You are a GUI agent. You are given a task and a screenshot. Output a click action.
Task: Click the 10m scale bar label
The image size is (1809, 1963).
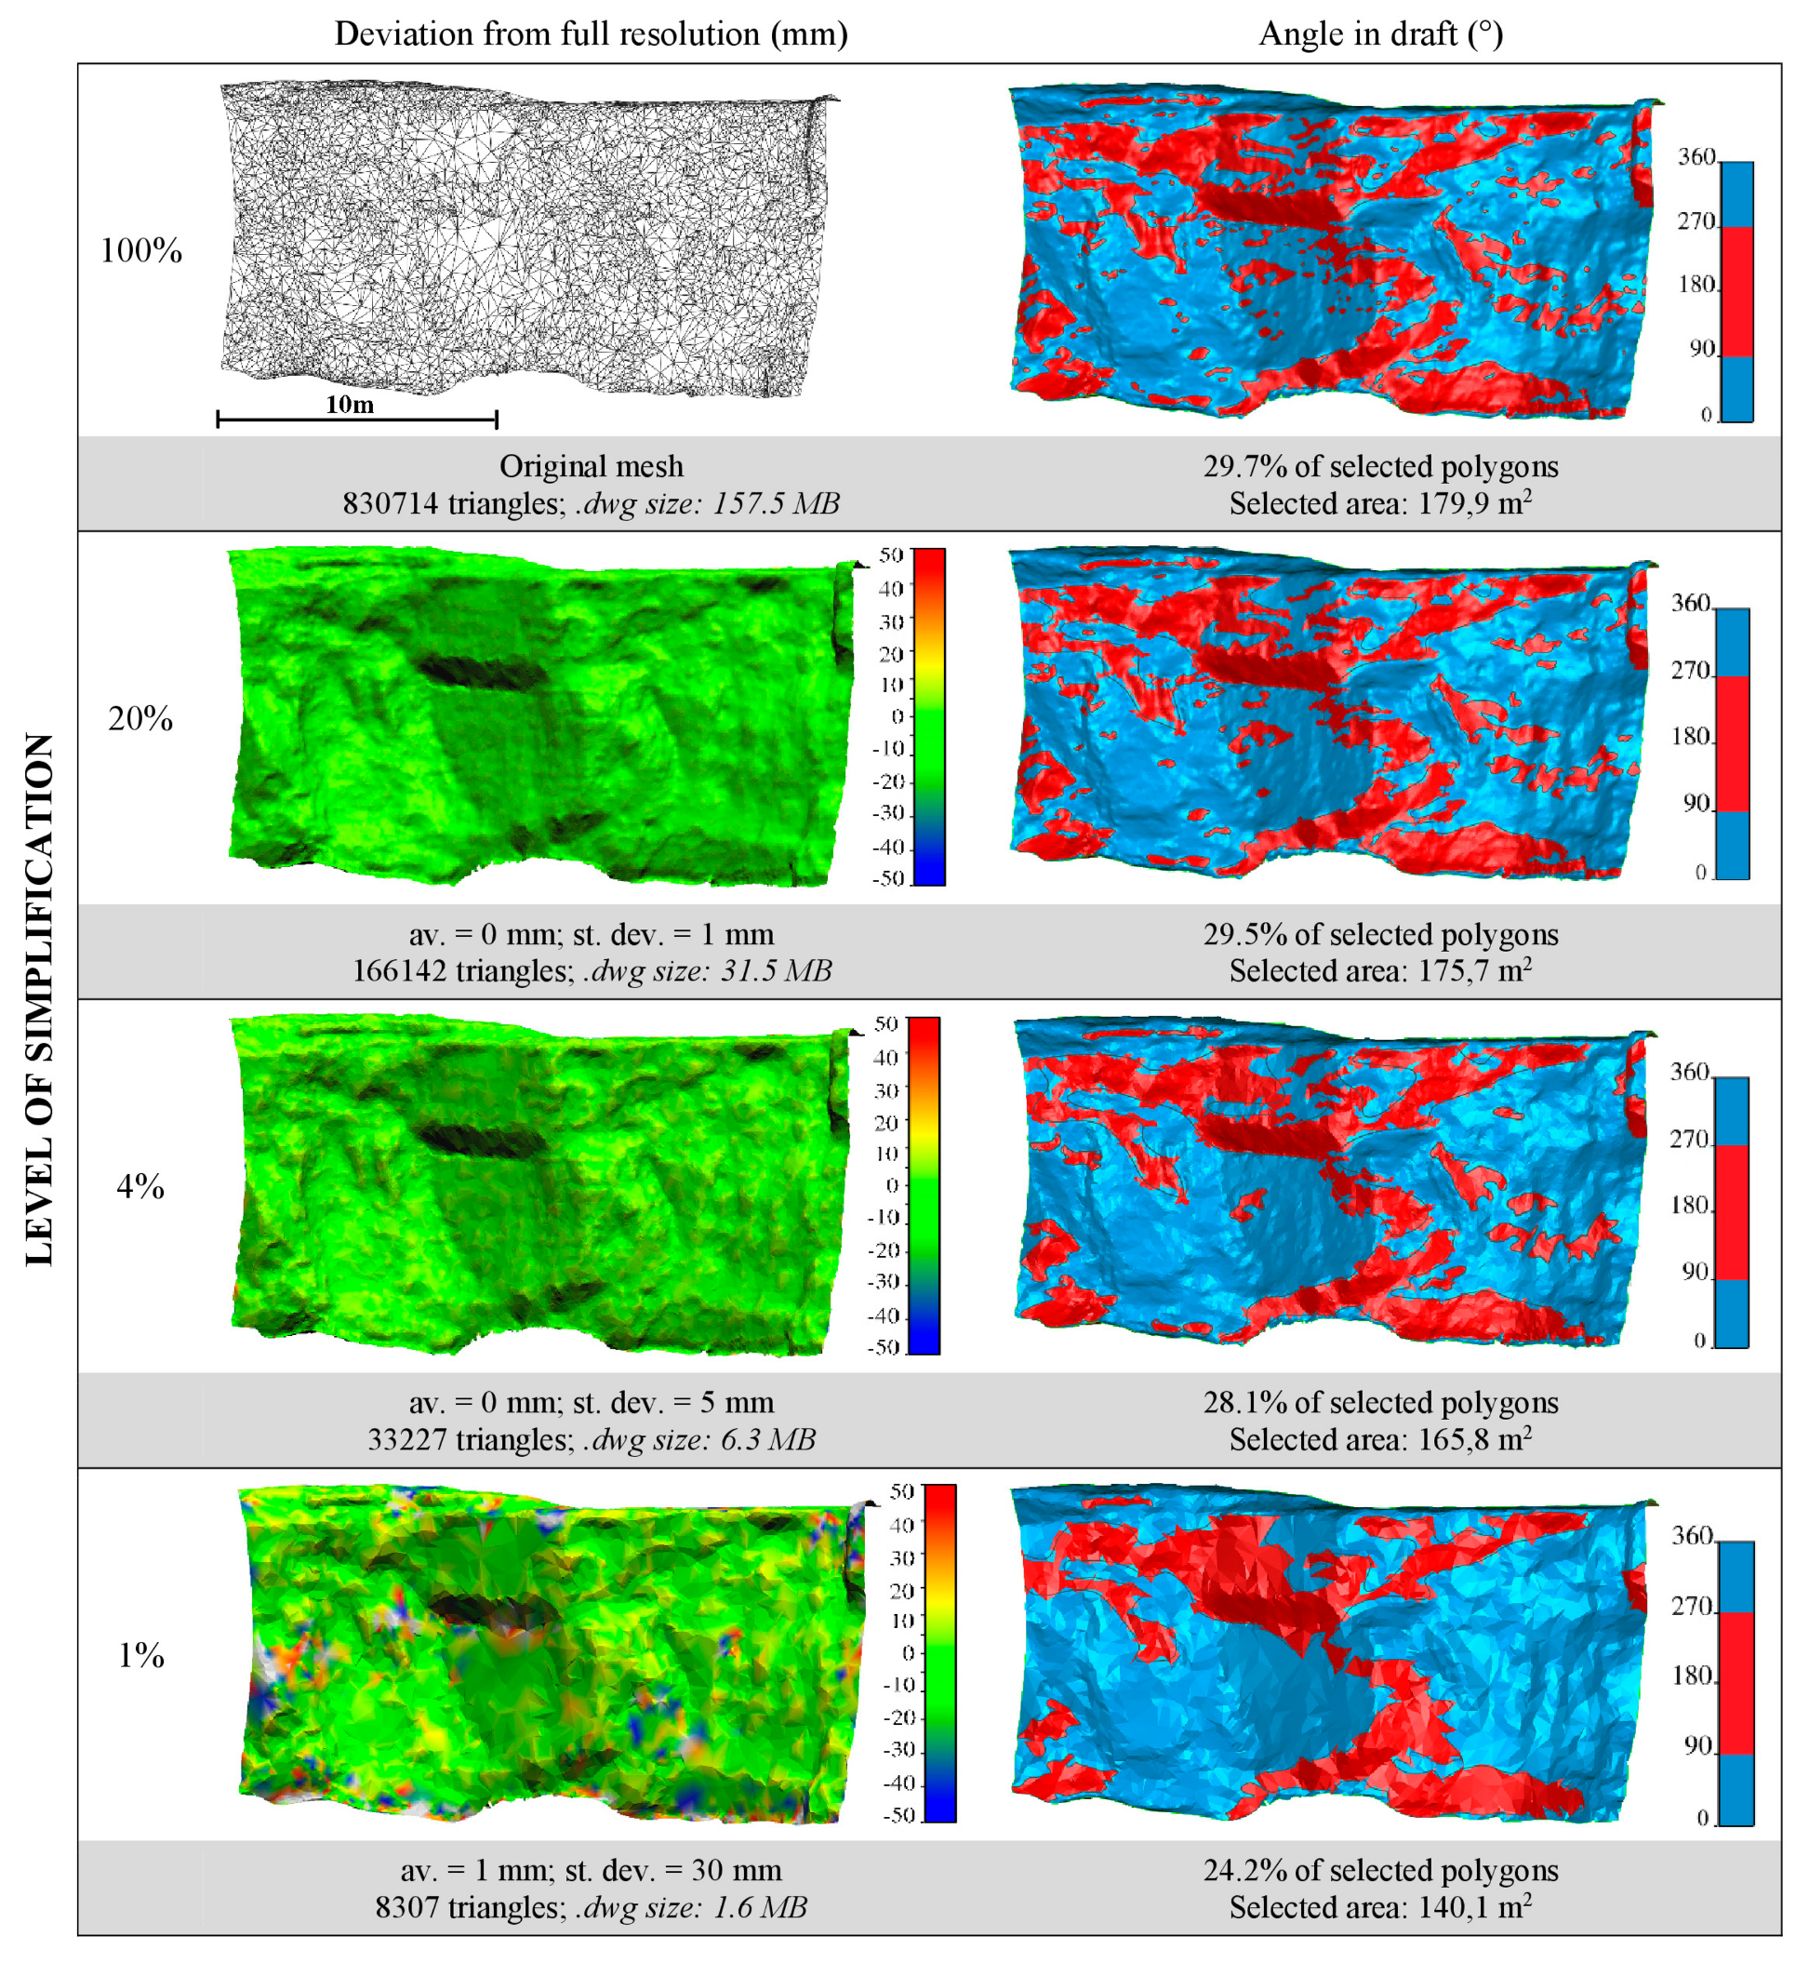click(x=350, y=405)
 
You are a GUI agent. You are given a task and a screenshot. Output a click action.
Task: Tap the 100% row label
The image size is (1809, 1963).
click(x=141, y=250)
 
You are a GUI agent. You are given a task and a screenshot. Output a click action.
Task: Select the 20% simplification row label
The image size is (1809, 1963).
click(x=140, y=718)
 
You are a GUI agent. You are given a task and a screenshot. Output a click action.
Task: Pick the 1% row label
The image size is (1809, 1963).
click(x=140, y=1655)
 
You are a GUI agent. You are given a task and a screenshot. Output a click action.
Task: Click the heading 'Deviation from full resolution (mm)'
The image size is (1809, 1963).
click(x=591, y=34)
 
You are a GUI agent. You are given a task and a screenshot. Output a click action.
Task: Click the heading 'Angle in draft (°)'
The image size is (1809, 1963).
click(x=1380, y=34)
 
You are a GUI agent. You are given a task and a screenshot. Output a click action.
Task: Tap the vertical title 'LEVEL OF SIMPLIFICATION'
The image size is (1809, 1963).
click(x=39, y=998)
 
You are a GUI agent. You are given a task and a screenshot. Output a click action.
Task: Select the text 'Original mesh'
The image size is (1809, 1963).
click(x=592, y=466)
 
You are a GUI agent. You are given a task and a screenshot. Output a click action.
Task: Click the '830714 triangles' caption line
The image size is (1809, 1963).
click(x=592, y=503)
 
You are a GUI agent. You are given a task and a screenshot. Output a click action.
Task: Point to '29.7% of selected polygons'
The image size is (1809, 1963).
click(x=1380, y=466)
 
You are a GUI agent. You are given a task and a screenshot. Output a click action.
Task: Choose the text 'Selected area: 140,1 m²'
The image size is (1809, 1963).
click(x=1380, y=1907)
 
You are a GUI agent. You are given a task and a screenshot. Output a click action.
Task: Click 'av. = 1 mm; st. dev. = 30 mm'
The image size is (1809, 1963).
click(x=592, y=1870)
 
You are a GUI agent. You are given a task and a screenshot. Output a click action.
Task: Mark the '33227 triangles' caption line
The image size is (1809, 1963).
click(x=592, y=1439)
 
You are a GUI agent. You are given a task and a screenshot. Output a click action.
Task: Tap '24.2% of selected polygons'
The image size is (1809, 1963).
click(x=1380, y=1870)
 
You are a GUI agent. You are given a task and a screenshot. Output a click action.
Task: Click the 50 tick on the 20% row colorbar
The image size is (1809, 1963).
click(x=890, y=555)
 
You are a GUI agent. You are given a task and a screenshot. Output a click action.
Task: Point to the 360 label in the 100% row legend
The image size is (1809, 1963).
click(x=1696, y=156)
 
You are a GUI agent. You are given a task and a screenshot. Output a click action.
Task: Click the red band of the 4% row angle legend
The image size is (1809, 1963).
click(x=1733, y=1212)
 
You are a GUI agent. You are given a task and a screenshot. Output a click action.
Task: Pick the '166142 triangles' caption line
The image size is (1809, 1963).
click(x=592, y=971)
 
